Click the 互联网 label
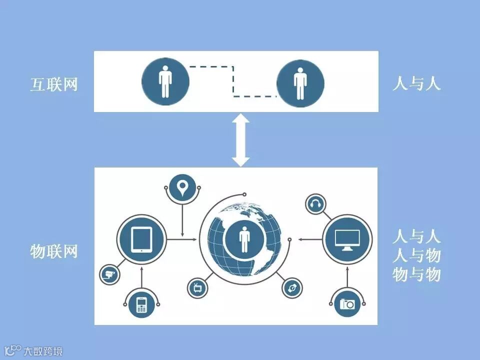(54, 84)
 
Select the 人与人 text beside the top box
(416, 83)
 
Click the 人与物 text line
(416, 255)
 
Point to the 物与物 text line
(416, 274)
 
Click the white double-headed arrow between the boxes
(241, 139)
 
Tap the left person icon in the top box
(165, 81)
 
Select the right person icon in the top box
(300, 83)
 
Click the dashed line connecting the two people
(233, 80)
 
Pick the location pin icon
(182, 188)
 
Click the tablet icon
(141, 239)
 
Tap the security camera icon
(109, 273)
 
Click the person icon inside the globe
(244, 239)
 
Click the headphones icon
(315, 204)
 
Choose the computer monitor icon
(347, 239)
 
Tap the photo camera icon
(347, 303)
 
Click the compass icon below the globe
(291, 288)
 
